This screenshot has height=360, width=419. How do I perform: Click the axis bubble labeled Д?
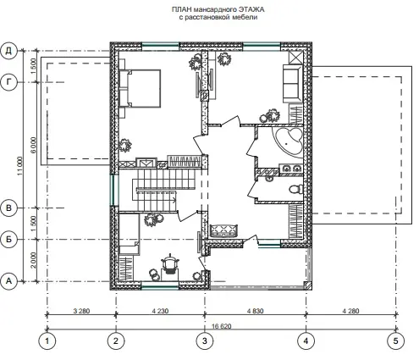[9, 51]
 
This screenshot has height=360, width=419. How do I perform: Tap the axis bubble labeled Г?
[9, 82]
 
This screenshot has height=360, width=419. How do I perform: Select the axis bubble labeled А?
[9, 281]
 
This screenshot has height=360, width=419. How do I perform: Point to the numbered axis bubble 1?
[47, 341]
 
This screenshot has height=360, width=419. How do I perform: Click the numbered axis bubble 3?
[205, 341]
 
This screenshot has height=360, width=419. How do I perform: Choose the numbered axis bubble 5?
[395, 341]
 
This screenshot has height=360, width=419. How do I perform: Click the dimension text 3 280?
[81, 311]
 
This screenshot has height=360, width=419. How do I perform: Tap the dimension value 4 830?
[255, 311]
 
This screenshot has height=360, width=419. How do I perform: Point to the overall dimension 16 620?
[222, 326]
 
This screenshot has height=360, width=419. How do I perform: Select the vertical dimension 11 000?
[19, 166]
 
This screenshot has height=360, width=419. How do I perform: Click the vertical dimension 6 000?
[34, 145]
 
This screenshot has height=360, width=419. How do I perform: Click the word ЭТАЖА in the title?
[251, 9]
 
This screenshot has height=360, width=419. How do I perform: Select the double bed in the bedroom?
[140, 88]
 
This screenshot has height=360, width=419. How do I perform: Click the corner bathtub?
[288, 141]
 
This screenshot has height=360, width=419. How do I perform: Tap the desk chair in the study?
[170, 263]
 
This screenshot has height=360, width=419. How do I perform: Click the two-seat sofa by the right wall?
[292, 84]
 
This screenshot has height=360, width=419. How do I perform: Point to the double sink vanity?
[291, 169]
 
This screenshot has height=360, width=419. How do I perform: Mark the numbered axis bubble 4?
[306, 341]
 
